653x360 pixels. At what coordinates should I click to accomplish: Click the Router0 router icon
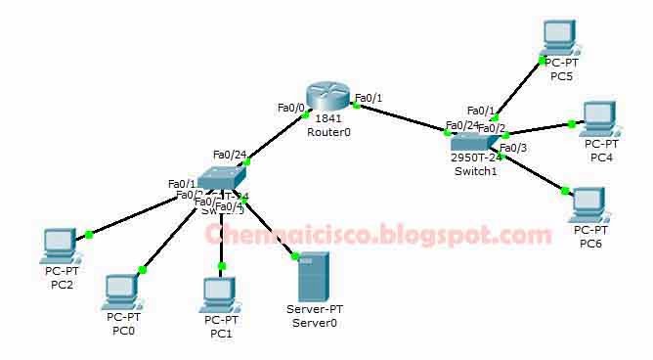pyautogui.click(x=326, y=96)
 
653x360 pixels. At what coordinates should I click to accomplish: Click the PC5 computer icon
pyautogui.click(x=560, y=37)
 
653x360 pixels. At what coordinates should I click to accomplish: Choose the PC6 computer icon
pyautogui.click(x=589, y=202)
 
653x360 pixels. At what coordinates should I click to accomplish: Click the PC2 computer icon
pyautogui.click(x=59, y=246)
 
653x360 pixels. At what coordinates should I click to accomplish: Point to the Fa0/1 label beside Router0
pyautogui.click(x=369, y=98)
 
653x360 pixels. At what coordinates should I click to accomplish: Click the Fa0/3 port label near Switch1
pyautogui.click(x=513, y=148)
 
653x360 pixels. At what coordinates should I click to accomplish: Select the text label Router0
pyautogui.click(x=327, y=132)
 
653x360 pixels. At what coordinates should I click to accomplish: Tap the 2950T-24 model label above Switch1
pyautogui.click(x=476, y=157)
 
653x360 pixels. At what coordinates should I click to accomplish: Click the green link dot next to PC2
pyautogui.click(x=89, y=234)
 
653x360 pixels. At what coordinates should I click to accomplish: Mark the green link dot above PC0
pyautogui.click(x=142, y=269)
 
